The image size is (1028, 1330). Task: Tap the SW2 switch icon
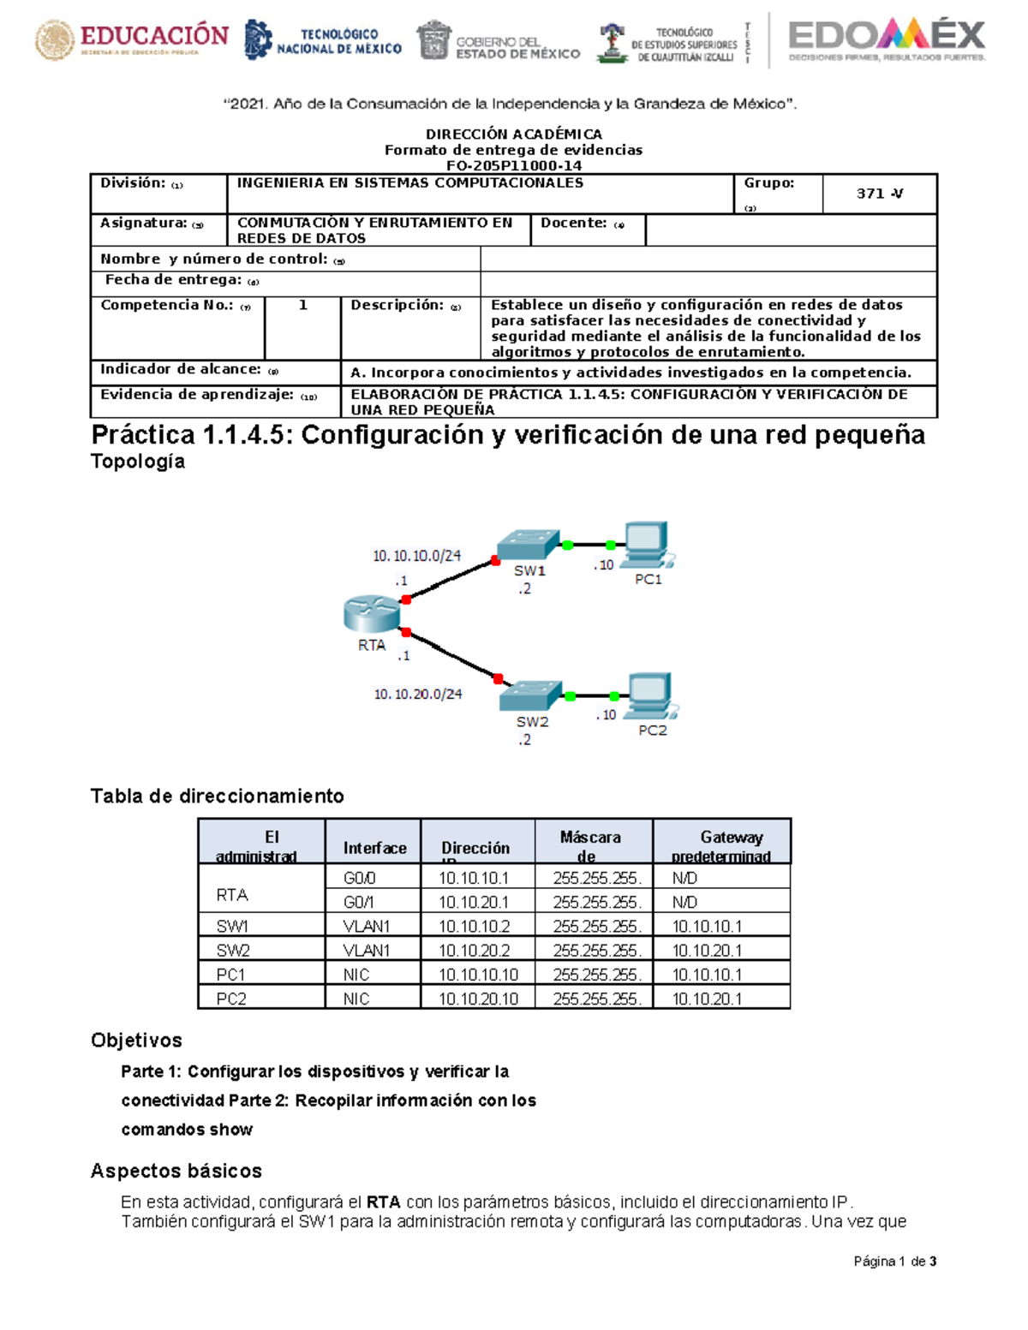coord(531,695)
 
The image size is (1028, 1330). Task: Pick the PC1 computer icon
coord(648,545)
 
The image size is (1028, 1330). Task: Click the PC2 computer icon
coord(651,695)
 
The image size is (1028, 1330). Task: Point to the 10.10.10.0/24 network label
coord(416,556)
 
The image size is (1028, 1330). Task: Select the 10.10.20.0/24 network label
coord(418,694)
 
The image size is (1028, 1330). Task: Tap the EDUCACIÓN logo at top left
coord(132,39)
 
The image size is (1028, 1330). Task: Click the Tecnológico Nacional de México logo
coord(324,40)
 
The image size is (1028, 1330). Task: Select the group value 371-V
coord(879,194)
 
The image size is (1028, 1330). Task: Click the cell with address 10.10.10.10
coord(478,975)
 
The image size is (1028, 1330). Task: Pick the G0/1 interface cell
coord(359,903)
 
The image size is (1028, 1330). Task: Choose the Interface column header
coord(374,848)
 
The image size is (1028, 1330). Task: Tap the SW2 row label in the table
coord(232,951)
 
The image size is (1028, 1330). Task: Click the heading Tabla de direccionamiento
coord(218,796)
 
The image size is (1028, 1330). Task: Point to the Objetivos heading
coord(136,1041)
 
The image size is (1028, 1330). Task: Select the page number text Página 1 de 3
coord(894,1261)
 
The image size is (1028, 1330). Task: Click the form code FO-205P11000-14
coord(514,166)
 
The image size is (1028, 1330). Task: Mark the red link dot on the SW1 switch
coord(495,561)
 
